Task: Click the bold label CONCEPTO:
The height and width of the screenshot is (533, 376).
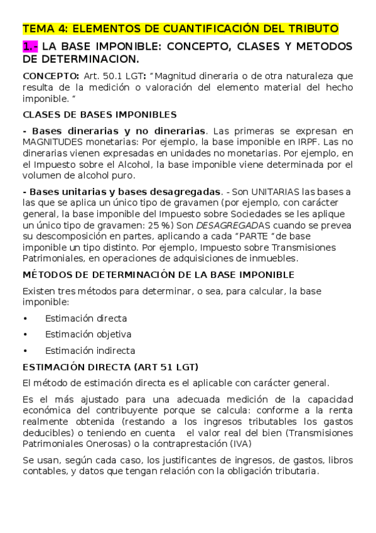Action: click(x=47, y=75)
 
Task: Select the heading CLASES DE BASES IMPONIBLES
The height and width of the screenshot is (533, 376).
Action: click(x=99, y=115)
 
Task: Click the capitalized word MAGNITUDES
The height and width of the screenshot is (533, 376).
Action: click(x=55, y=143)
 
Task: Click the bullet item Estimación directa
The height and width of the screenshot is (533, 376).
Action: click(x=85, y=318)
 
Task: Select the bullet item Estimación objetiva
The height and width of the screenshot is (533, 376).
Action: click(x=88, y=334)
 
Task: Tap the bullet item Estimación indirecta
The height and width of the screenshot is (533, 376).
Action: click(x=90, y=351)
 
